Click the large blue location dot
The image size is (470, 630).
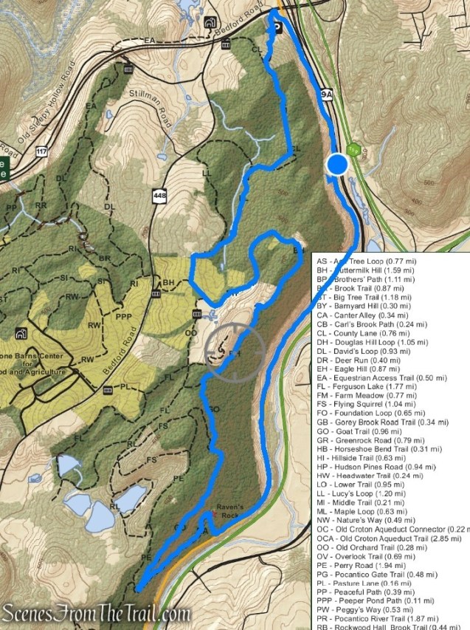pos(338,164)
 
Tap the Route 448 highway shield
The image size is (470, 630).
pos(158,195)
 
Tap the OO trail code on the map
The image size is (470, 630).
pos(190,333)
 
